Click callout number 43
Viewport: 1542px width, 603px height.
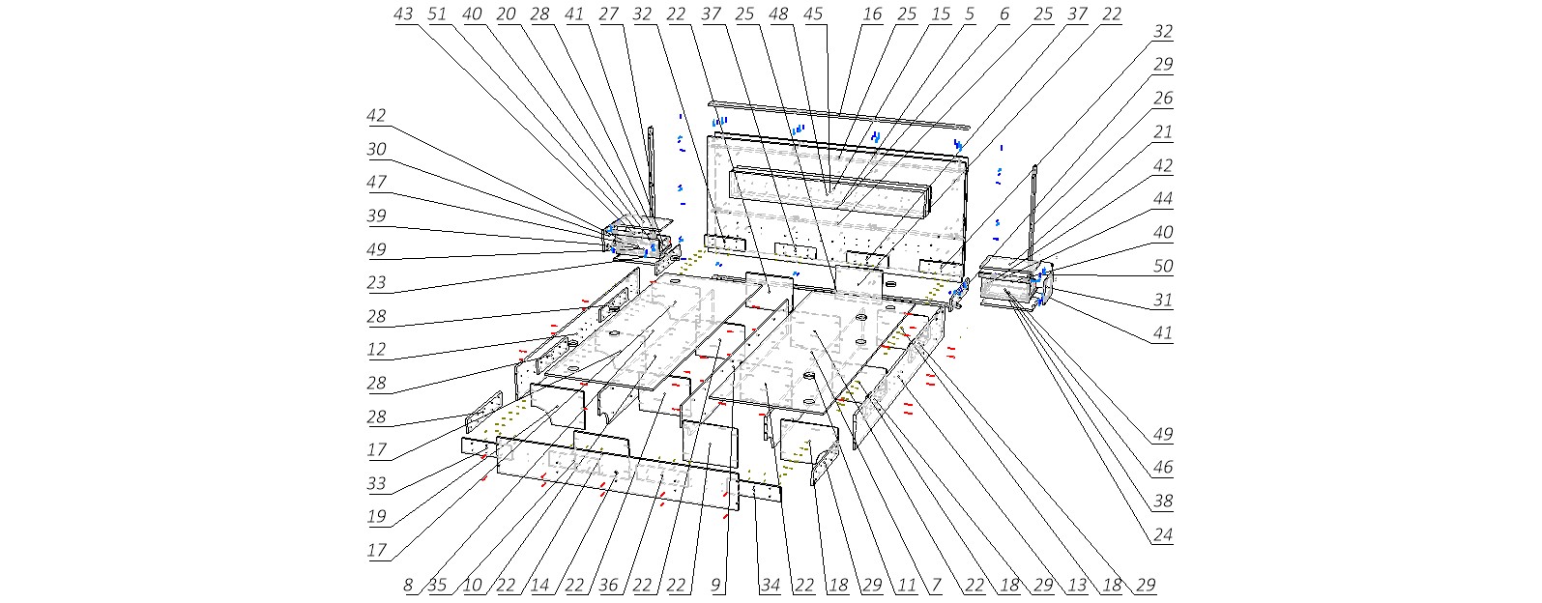[x=403, y=14]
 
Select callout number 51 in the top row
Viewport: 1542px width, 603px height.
[x=437, y=14]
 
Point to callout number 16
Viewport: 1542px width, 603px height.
[x=872, y=14]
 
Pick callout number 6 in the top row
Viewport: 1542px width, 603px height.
[x=1004, y=14]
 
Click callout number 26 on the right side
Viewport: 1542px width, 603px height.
[x=1163, y=99]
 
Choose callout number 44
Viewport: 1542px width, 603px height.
[x=1163, y=199]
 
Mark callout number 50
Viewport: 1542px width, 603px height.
[x=1163, y=266]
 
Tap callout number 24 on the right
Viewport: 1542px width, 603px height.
[x=1163, y=534]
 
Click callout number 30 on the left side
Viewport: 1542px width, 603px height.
[x=376, y=149]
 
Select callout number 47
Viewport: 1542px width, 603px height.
[x=376, y=182]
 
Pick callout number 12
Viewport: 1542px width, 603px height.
[x=376, y=350]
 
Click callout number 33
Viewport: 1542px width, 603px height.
[x=376, y=483]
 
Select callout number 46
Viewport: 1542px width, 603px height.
[x=1163, y=467]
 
